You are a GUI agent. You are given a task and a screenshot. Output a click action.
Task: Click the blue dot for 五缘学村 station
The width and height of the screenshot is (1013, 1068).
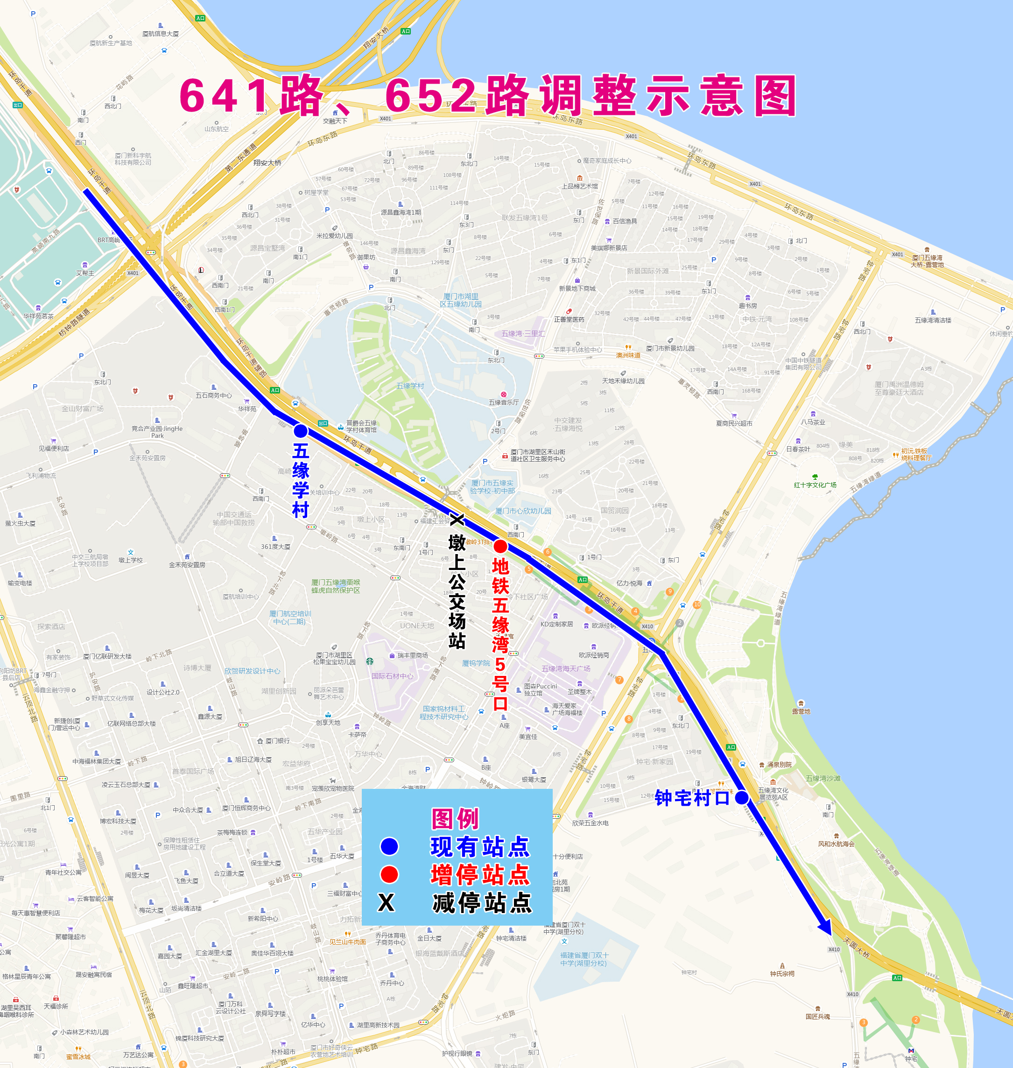[301, 431]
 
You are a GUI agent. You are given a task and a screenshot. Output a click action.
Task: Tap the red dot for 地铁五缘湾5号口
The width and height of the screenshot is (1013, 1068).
[500, 547]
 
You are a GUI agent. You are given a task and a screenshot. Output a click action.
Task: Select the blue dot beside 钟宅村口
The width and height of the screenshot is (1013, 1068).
[741, 797]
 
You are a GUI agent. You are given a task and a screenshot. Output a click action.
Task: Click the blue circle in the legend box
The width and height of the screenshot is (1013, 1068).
[389, 847]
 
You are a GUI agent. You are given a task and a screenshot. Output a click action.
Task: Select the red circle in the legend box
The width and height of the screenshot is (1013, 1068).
[389, 874]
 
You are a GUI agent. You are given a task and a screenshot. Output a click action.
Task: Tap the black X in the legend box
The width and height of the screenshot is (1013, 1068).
[386, 902]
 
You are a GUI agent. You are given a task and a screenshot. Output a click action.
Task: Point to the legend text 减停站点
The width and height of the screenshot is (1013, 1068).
[482, 902]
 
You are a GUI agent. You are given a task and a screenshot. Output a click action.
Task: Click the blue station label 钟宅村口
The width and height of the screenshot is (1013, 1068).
[692, 797]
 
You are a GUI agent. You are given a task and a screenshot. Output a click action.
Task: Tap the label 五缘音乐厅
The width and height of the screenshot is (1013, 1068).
[504, 402]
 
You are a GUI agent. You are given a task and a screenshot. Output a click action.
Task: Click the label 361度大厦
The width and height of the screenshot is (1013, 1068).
[275, 547]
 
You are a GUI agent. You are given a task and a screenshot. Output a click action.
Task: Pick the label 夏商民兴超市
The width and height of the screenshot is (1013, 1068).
[734, 423]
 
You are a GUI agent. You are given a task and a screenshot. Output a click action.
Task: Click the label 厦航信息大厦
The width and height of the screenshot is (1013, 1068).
[161, 34]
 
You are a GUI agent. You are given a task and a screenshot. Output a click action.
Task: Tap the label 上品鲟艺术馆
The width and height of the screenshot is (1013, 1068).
[579, 186]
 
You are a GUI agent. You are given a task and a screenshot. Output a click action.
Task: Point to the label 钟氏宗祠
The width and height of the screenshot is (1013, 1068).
[782, 974]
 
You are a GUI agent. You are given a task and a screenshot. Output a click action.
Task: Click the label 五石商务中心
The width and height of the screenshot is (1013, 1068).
[213, 395]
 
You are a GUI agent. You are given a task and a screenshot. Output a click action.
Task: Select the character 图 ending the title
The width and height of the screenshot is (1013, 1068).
[775, 96]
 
